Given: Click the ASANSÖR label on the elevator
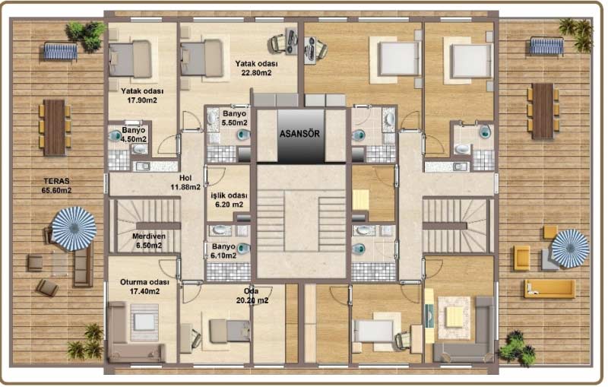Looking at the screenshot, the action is coord(299,134).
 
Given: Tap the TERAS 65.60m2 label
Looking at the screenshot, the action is coord(56,186).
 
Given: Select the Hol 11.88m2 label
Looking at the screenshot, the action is coord(185,182).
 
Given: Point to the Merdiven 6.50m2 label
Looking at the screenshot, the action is coord(149,240).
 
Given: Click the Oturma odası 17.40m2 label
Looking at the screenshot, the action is coord(144,287).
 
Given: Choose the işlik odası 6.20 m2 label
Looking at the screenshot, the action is coord(230,200).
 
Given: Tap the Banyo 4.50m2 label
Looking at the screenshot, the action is coord(134,135).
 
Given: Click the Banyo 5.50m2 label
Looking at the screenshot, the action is coord(235,118).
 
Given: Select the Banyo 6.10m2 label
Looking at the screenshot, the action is coord(223,251).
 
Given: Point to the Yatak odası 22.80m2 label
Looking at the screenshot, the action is coord(256,68).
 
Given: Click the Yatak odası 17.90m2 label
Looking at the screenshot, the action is coord(142,95).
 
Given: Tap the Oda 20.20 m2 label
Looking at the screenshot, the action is coord(252,296).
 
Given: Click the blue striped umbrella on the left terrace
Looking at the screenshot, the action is coord(74,228).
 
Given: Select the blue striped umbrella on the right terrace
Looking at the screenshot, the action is coord(570,249).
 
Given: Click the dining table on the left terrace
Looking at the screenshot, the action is coord(55,127).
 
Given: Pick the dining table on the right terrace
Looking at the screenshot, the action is coord(543,111).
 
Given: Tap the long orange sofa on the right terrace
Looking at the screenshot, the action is coord(549,289).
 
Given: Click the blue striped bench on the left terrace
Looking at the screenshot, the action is coord(61,52).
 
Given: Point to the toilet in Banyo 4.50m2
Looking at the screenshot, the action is coord(116,135).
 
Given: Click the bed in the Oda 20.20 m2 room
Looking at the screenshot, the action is coord(230,331).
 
